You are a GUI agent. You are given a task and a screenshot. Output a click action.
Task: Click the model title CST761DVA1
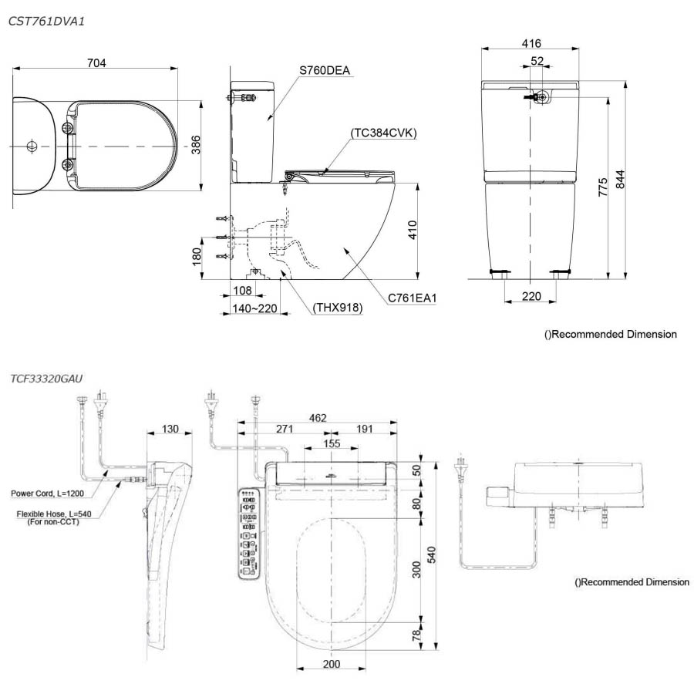pyautogui.click(x=46, y=22)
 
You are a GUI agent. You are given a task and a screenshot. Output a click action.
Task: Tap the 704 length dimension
pyautogui.click(x=96, y=62)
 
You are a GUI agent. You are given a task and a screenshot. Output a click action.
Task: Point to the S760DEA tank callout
pyautogui.click(x=325, y=71)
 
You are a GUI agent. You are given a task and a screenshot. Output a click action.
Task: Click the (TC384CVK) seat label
pyautogui.click(x=383, y=133)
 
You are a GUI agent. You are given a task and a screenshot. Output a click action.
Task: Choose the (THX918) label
pyautogui.click(x=338, y=308)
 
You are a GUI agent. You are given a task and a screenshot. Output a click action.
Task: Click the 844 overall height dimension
pyautogui.click(x=619, y=182)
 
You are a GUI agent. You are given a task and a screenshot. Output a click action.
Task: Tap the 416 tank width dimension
pyautogui.click(x=531, y=43)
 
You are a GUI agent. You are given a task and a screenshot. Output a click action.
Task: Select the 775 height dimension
pyautogui.click(x=602, y=187)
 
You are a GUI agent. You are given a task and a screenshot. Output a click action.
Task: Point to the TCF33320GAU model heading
pyautogui.click(x=47, y=379)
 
